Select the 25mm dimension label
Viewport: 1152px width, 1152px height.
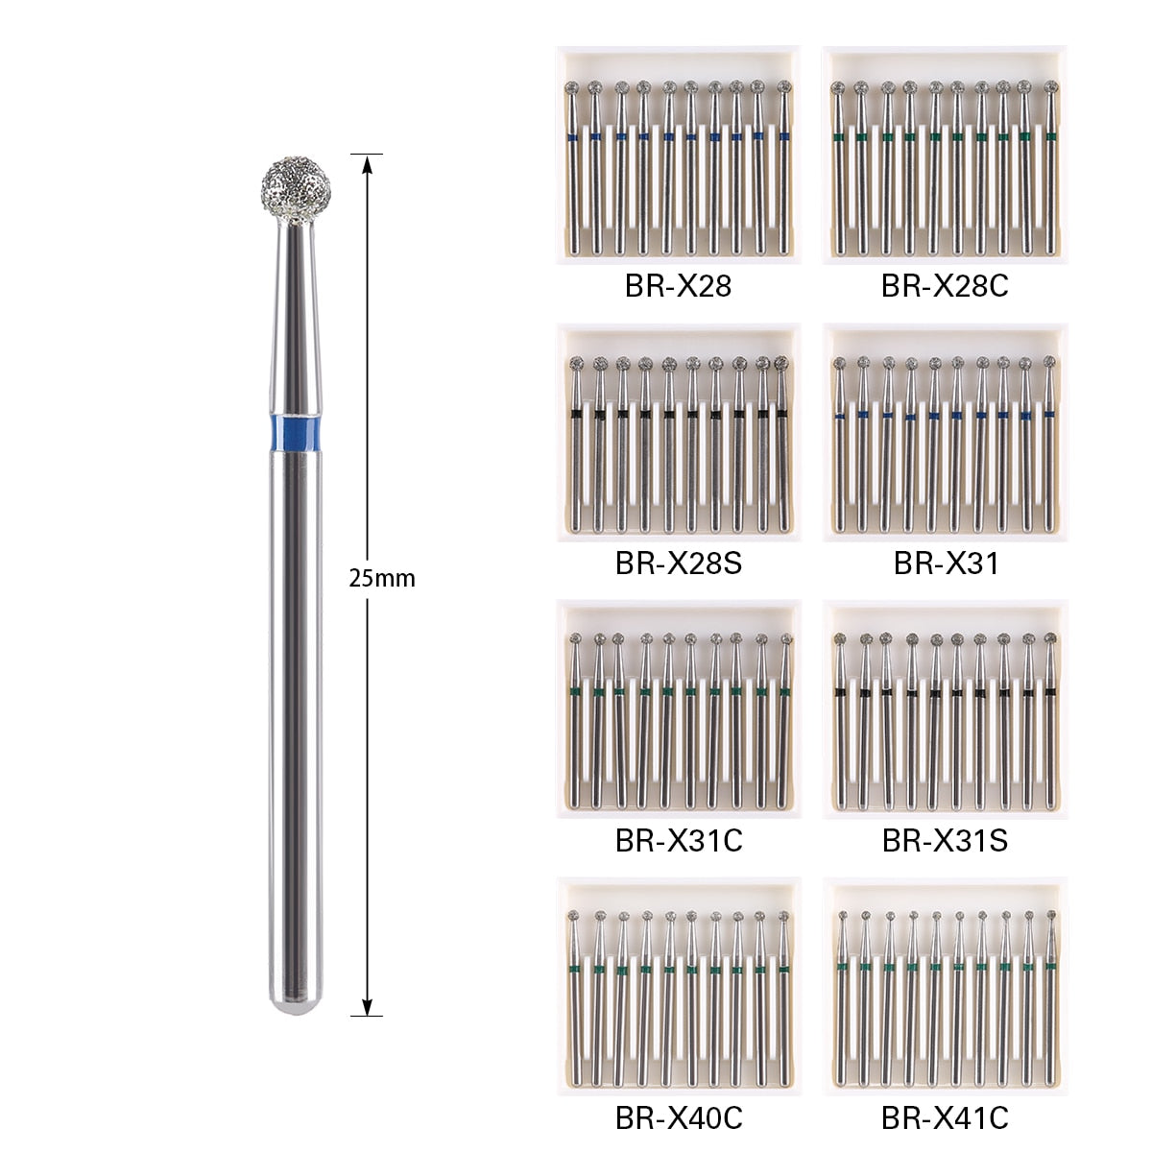382,579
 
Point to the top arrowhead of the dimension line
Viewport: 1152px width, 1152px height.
367,163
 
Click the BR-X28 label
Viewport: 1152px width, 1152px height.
678,286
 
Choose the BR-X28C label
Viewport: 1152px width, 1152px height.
945,286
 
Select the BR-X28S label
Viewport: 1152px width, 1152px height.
678,563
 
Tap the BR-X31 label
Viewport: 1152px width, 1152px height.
946,563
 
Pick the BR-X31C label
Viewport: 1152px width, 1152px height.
678,841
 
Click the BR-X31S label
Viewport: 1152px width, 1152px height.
945,841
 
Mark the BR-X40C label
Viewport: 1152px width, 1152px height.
678,1117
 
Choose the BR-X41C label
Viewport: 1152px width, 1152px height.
945,1117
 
